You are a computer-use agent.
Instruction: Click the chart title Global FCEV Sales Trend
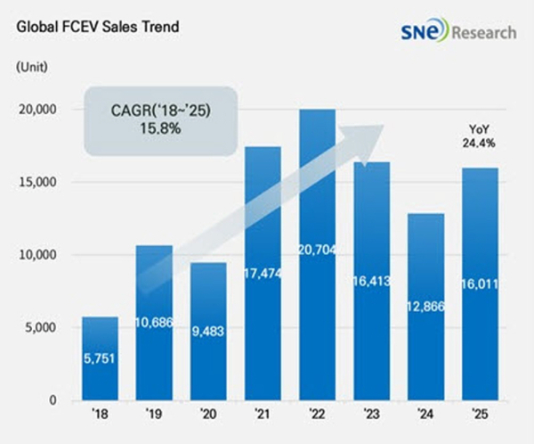click(97, 27)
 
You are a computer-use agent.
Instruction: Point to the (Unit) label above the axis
click(34, 66)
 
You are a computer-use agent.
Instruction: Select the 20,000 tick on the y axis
click(38, 110)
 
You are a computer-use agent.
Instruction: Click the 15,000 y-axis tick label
click(38, 183)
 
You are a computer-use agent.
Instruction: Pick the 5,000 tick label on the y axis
click(41, 327)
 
